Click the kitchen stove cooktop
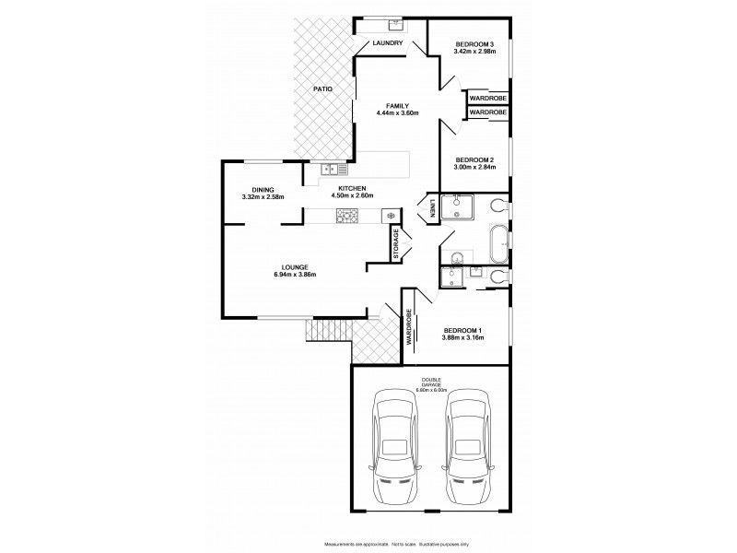[346, 216]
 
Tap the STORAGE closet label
[396, 245]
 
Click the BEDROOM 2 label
[474, 159]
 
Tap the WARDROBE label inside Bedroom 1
[408, 327]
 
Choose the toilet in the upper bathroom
[498, 205]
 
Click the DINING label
[263, 190]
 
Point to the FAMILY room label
[397, 105]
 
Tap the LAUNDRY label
[388, 43]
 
